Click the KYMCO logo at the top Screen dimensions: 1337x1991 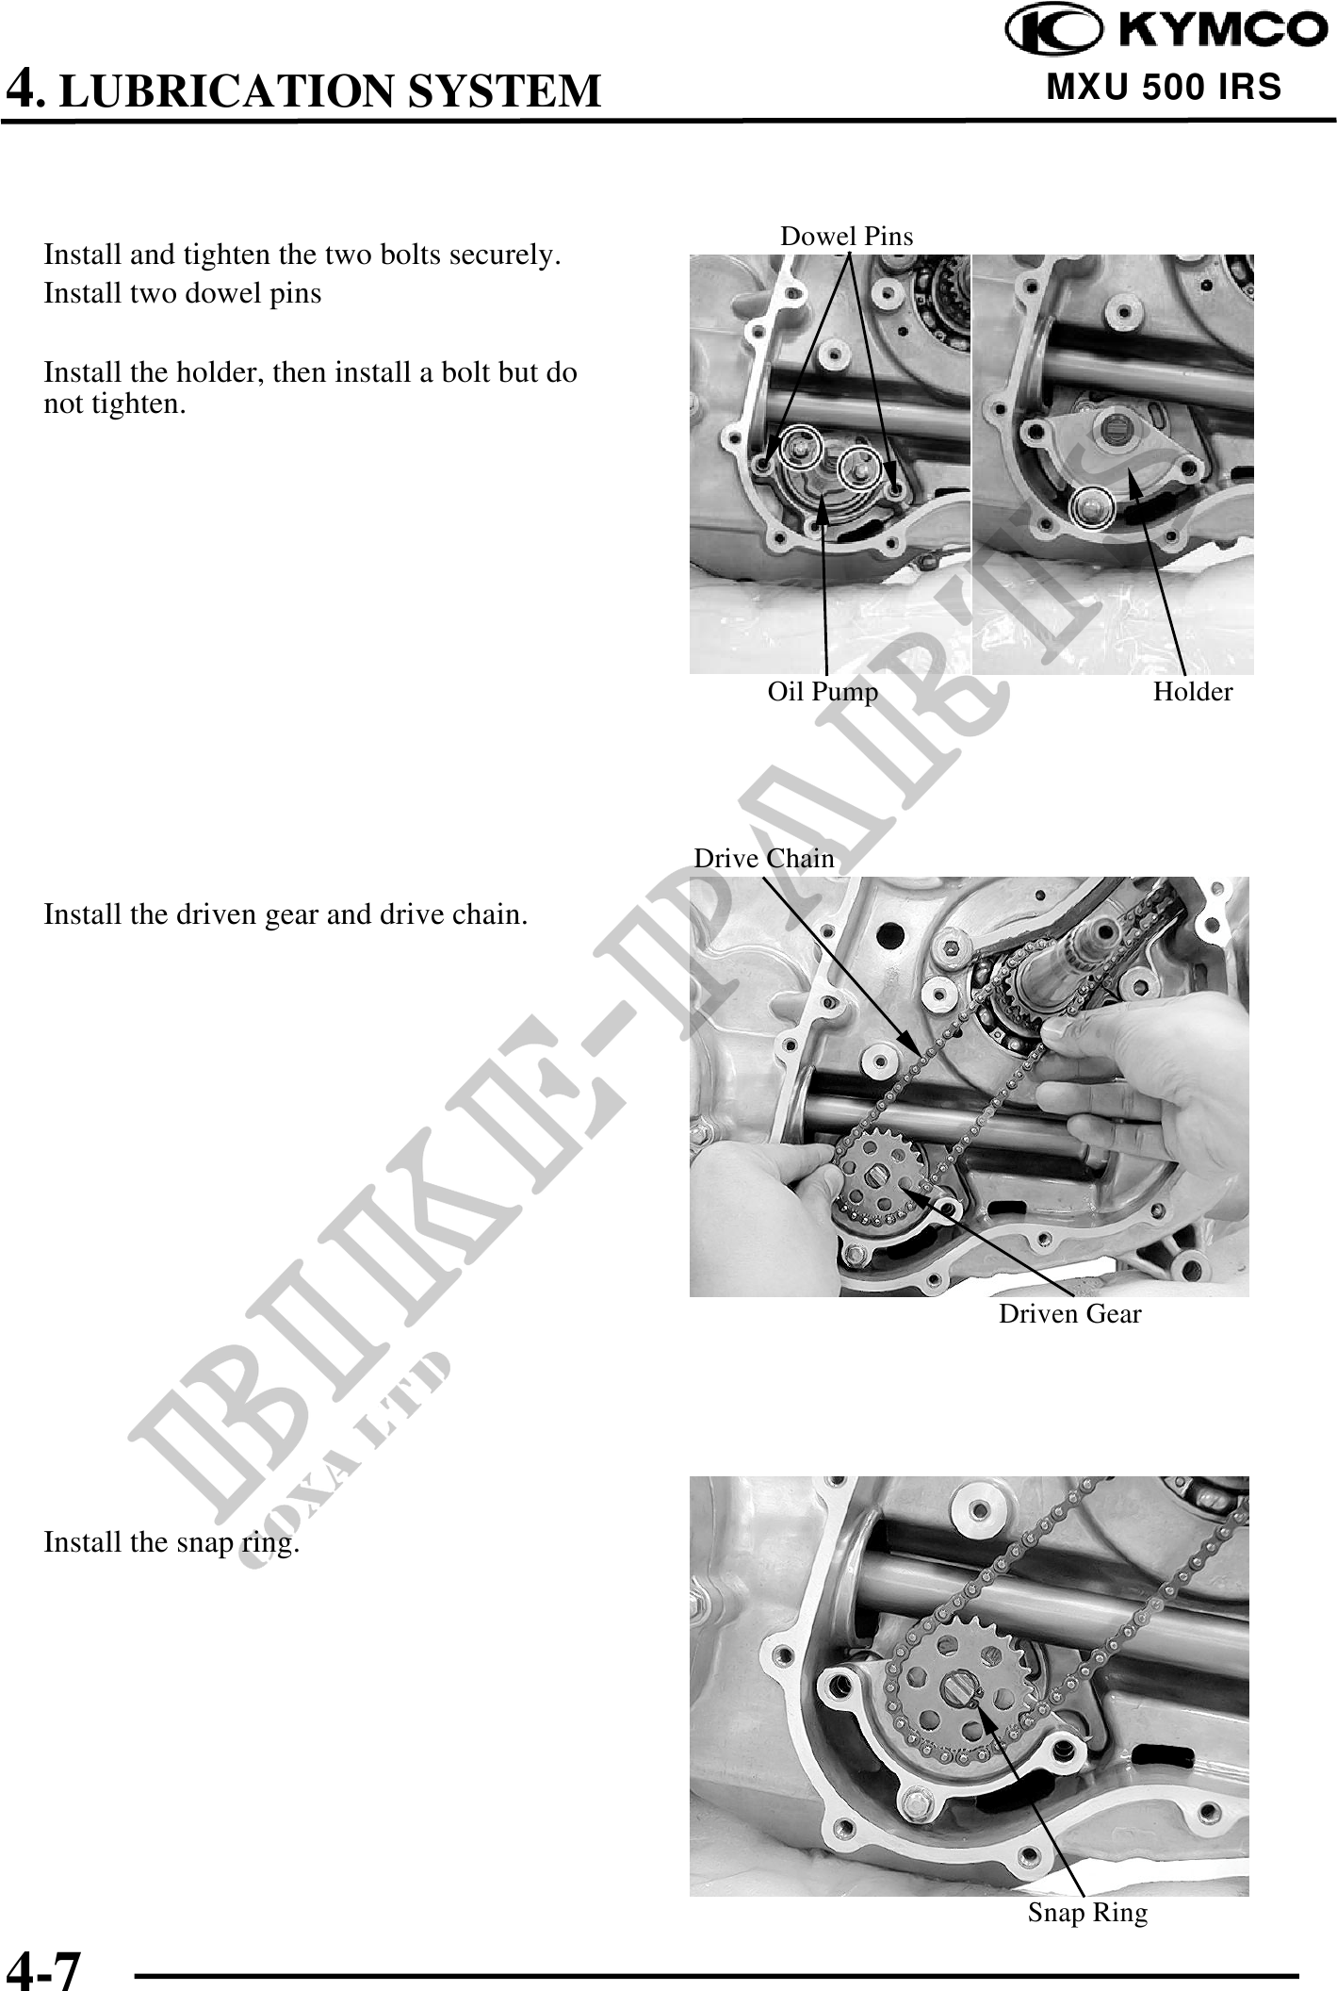click(x=1166, y=32)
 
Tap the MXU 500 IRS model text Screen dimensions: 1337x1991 click(x=1165, y=87)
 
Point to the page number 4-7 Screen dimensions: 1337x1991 click(x=43, y=1968)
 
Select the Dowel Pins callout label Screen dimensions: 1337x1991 click(x=847, y=236)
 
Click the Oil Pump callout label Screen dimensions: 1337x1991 click(x=823, y=692)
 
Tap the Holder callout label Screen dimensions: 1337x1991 click(x=1193, y=692)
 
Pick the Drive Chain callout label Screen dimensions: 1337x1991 click(x=764, y=858)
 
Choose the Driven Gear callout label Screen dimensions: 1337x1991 click(x=1070, y=1313)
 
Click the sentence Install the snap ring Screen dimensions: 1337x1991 click(x=172, y=1542)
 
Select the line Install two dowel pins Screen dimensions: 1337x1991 click(x=183, y=293)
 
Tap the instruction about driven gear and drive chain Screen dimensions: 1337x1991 click(x=285, y=914)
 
